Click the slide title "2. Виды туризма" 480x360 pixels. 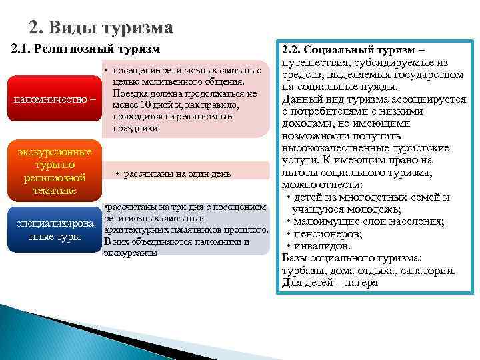tap(101, 27)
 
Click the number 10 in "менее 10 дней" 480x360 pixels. tap(146, 105)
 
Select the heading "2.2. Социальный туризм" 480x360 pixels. tap(353, 50)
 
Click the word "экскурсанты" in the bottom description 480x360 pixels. tap(131, 253)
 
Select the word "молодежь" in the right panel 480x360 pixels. tap(369, 209)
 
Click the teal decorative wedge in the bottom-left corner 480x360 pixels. tap(40, 333)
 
